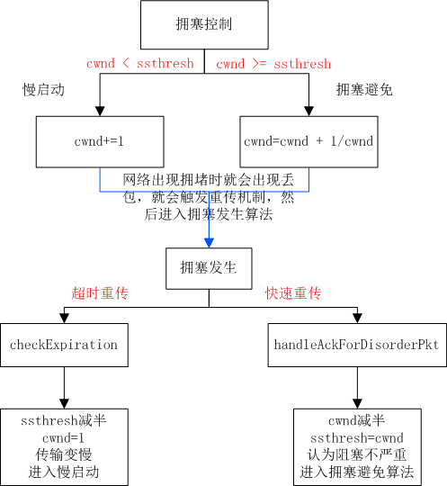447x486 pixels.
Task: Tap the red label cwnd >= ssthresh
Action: coord(273,64)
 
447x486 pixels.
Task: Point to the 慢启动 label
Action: coord(42,89)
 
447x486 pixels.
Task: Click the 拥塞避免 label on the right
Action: coord(364,89)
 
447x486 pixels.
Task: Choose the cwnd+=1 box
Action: coord(100,141)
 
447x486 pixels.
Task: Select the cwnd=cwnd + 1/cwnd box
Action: coord(308,141)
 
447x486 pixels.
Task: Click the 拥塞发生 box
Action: coord(209,266)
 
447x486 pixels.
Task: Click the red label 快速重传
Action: coord(293,293)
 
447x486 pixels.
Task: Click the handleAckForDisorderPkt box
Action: coord(357,345)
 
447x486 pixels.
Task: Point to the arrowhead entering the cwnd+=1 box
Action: coord(100,112)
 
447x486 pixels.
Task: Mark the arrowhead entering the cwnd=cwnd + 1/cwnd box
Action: coord(308,112)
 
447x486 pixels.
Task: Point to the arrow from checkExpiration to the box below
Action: coord(63,387)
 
